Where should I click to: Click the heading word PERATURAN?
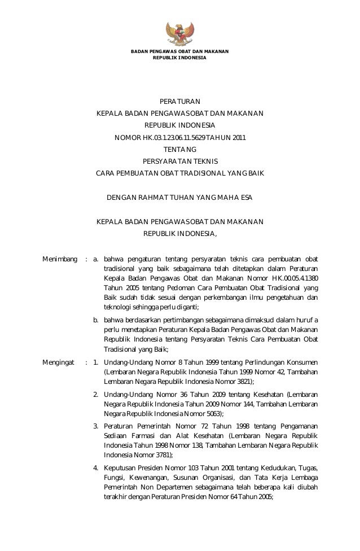tap(179, 102)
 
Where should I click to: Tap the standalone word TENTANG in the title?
tap(179, 149)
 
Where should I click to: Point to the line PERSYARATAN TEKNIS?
tap(179, 161)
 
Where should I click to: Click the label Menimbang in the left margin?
tap(60, 260)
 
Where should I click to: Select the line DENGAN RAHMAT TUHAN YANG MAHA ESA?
tap(179, 198)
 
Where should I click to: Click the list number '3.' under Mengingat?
tap(96, 425)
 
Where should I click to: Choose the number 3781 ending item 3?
tap(160, 454)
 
